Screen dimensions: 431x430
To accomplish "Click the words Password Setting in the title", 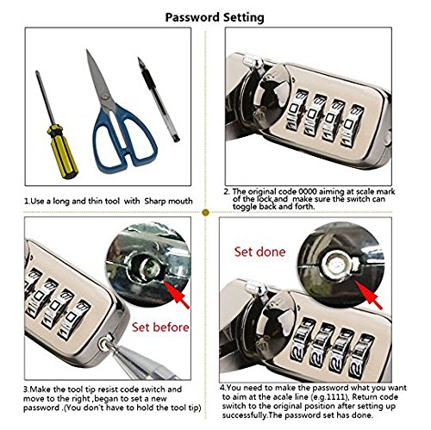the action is (215, 17).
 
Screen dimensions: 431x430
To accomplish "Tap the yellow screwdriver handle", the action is (63, 152).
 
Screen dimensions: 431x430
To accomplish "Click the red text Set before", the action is (160, 327).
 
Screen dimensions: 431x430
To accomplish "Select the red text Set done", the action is (259, 252).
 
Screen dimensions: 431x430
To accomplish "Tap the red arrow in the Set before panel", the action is (177, 295).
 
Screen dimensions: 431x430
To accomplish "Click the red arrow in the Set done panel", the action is (369, 295).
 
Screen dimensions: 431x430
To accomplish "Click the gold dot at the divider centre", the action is (205, 213).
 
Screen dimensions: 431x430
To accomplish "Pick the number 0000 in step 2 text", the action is (308, 191).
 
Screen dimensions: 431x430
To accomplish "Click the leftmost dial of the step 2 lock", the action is (295, 109).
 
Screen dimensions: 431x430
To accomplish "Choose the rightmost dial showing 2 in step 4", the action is (360, 355).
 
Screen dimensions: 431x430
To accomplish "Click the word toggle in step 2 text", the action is (245, 207).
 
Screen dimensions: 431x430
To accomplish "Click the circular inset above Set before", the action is (148, 265).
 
